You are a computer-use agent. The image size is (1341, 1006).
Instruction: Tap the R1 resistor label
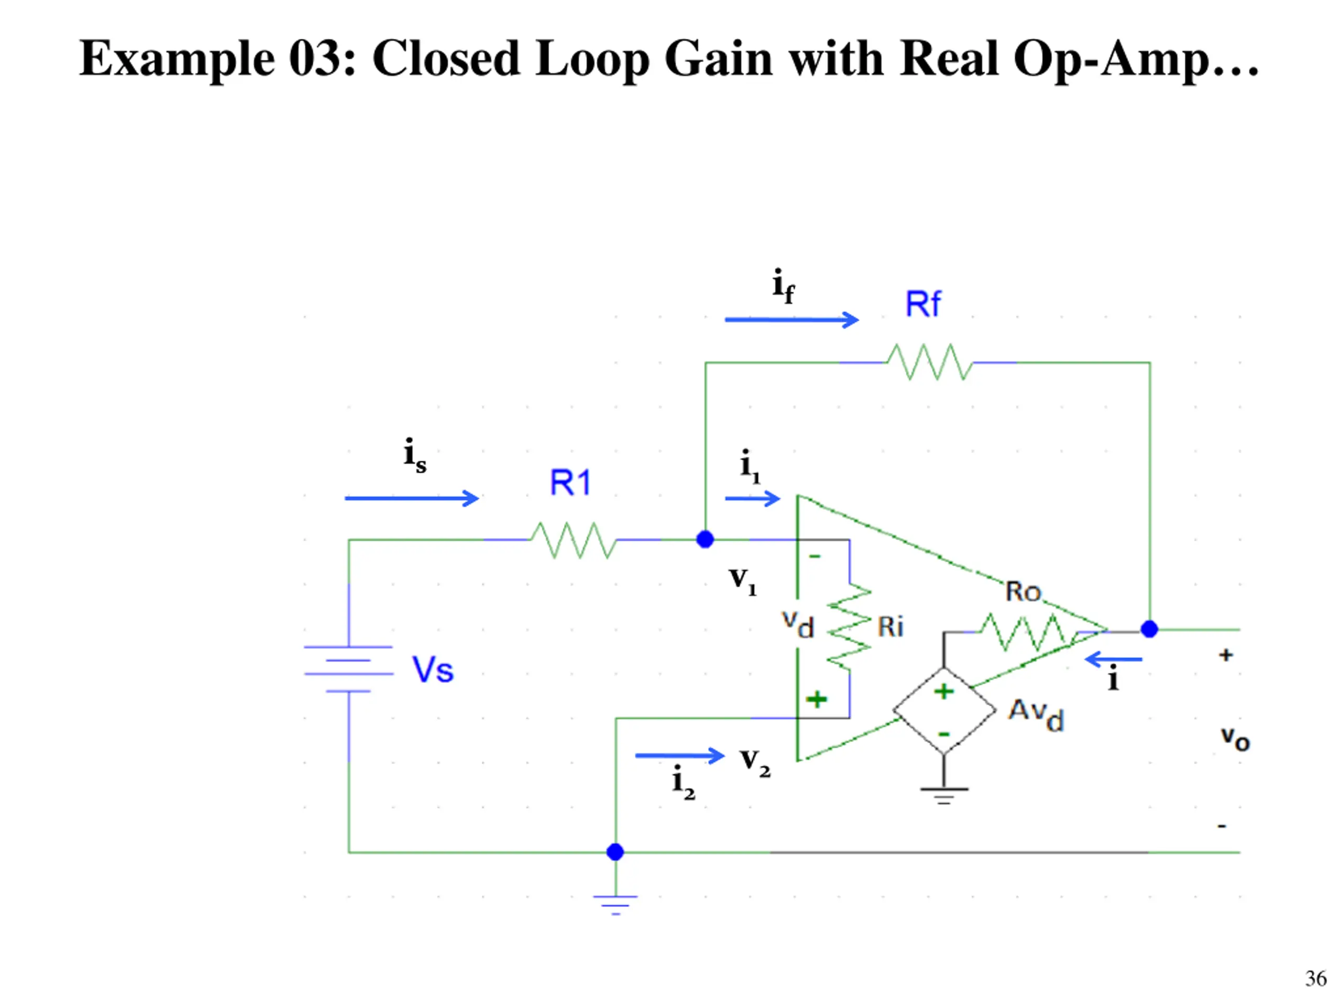570,483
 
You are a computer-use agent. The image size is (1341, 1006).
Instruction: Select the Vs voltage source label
433,670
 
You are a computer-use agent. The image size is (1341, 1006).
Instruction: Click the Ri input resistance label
891,627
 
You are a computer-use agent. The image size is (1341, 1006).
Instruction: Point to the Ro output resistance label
1024,591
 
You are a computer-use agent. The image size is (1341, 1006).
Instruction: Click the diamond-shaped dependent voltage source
944,710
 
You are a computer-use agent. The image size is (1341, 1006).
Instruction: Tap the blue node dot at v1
705,539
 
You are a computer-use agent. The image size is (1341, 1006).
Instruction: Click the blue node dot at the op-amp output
1149,629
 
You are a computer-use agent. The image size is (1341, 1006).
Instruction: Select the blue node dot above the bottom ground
615,852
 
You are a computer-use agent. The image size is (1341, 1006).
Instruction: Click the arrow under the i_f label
792,320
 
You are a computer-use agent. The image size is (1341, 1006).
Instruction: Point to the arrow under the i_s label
412,498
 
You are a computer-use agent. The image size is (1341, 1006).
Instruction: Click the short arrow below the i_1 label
752,498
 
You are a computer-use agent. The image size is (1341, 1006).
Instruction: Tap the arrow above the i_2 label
679,756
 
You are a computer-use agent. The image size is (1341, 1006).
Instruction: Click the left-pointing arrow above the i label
1114,659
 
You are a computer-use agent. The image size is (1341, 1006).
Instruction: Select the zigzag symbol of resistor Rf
929,362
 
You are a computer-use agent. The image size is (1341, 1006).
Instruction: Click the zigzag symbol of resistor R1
574,540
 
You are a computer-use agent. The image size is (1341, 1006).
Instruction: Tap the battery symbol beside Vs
348,669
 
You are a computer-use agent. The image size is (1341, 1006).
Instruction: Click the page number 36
1315,978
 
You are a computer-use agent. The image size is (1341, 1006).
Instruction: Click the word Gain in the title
719,59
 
